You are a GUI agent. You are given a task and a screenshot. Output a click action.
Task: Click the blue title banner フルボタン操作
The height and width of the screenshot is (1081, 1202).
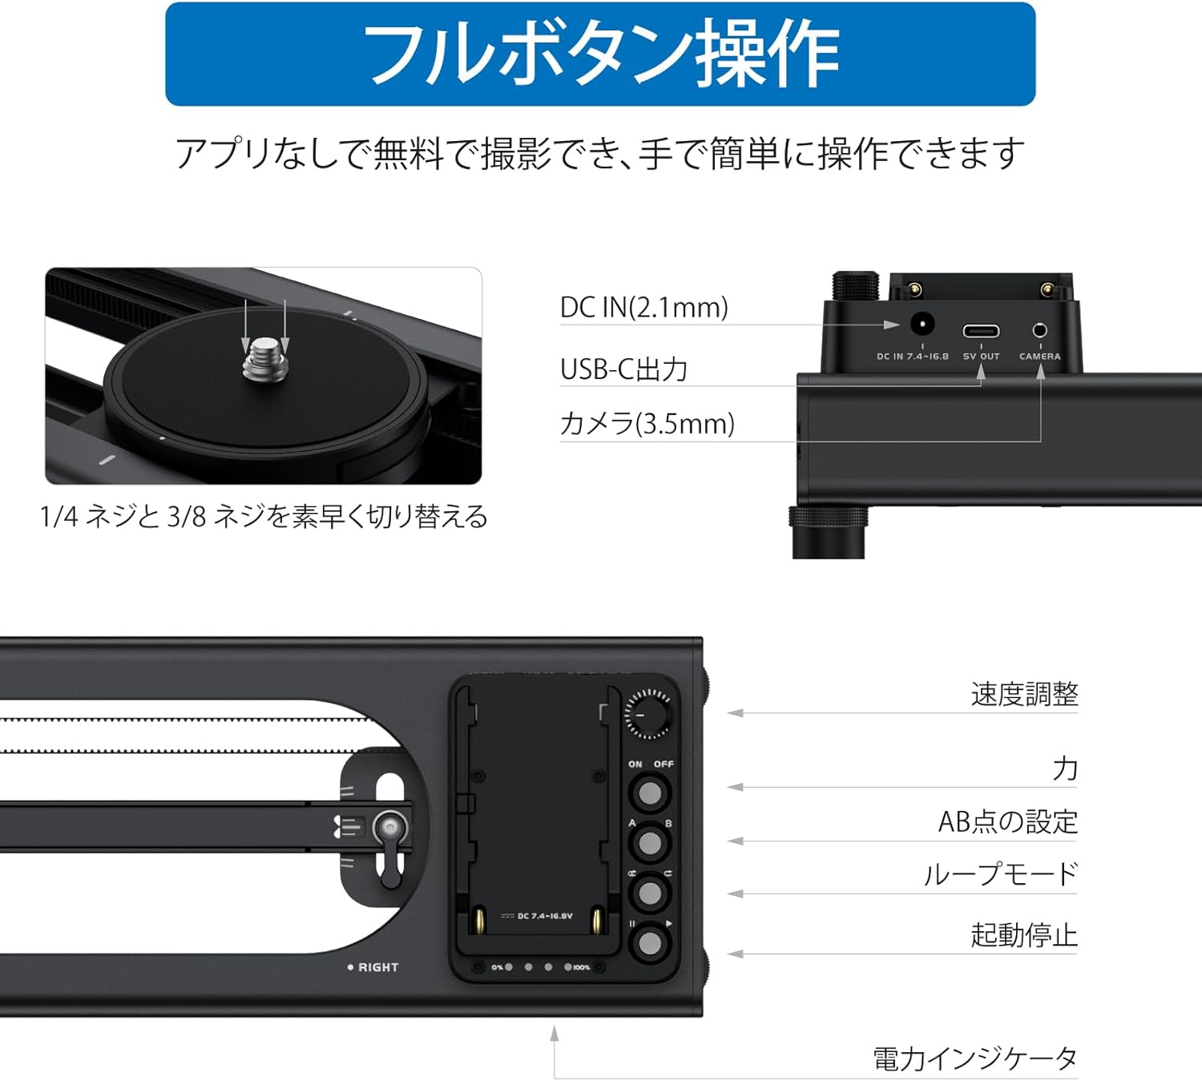600,54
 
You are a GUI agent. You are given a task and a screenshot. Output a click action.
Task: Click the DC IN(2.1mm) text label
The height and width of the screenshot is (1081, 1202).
644,308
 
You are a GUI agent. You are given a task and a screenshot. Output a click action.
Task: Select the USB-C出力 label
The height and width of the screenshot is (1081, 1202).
623,369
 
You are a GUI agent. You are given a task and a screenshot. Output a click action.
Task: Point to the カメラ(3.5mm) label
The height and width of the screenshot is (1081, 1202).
647,424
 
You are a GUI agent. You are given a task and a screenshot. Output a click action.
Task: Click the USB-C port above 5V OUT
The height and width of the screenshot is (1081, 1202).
981,331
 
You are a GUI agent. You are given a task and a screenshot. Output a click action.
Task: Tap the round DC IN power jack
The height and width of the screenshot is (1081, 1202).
922,325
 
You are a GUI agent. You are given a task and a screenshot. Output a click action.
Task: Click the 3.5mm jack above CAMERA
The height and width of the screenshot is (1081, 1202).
1040,330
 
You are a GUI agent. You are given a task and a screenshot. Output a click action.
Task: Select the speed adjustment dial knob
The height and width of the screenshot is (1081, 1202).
647,714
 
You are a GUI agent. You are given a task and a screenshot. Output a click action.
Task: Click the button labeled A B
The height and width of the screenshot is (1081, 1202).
650,843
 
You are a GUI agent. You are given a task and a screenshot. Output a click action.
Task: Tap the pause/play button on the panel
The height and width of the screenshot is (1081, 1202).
650,943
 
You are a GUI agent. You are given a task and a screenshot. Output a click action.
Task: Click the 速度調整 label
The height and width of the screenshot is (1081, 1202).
1024,694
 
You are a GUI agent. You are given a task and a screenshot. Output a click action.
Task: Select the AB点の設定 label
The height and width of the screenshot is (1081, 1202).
1008,821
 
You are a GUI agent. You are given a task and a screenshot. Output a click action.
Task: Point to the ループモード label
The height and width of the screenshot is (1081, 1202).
1000,874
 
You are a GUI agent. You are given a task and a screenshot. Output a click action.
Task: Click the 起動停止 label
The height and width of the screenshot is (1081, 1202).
1024,935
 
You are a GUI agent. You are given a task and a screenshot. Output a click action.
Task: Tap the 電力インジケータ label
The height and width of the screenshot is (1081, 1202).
975,1059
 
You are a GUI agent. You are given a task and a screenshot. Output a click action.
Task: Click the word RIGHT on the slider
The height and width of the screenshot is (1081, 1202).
378,967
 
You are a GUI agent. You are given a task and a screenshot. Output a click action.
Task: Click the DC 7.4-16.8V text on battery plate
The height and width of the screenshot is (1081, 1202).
545,916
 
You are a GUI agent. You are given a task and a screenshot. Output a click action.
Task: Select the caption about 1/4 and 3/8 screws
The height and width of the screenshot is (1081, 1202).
264,516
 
